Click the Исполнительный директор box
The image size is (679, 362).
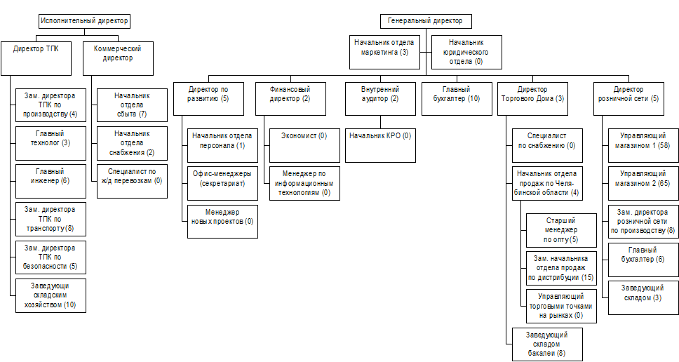coord(85,21)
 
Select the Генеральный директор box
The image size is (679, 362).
coord(426,21)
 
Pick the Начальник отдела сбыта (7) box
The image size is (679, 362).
coord(132,104)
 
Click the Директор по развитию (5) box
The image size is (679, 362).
coord(209,98)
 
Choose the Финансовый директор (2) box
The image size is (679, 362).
coord(290,98)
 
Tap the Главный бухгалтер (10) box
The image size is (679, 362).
coord(460,98)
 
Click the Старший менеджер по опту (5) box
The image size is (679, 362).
coord(561,229)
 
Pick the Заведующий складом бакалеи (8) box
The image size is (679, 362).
coord(546,343)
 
